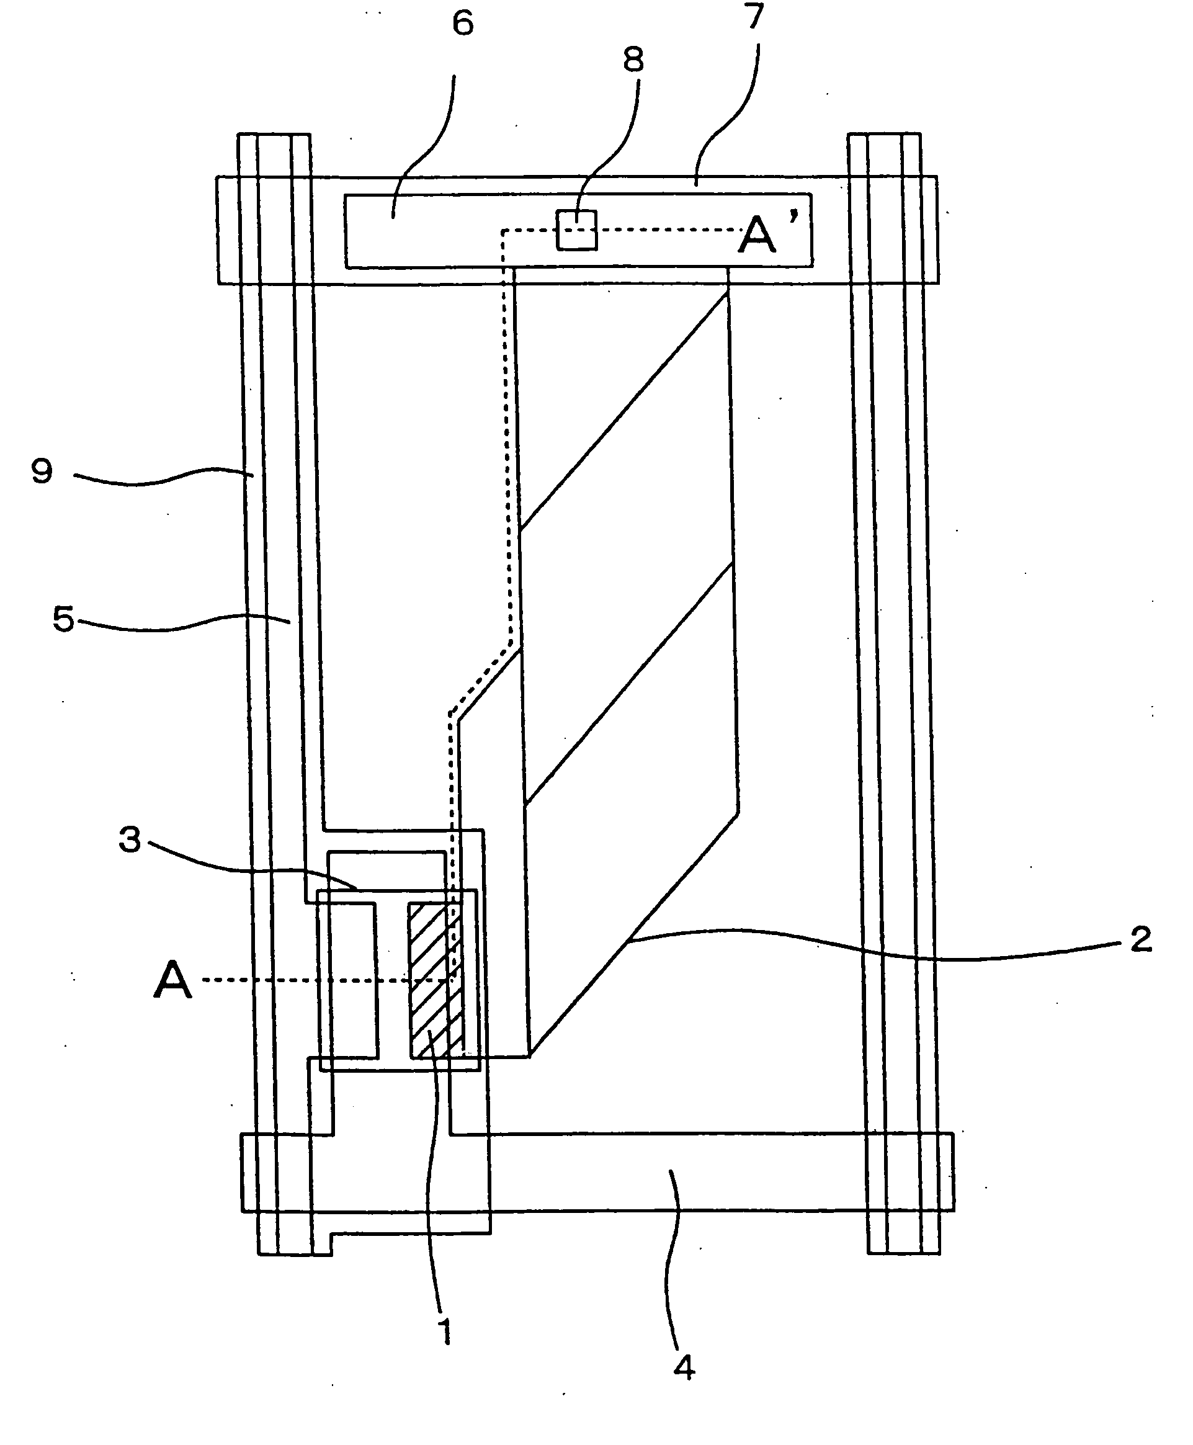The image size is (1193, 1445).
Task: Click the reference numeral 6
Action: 462,24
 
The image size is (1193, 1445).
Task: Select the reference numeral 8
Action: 633,60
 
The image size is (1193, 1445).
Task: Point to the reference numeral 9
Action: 42,472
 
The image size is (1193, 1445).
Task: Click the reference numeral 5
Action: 63,619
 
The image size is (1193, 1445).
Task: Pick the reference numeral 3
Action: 130,839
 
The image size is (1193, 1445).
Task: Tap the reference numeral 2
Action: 1142,939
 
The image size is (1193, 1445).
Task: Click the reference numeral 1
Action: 445,1331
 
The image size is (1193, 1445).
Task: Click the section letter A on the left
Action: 172,980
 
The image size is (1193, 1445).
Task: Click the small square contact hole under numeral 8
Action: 576,230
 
